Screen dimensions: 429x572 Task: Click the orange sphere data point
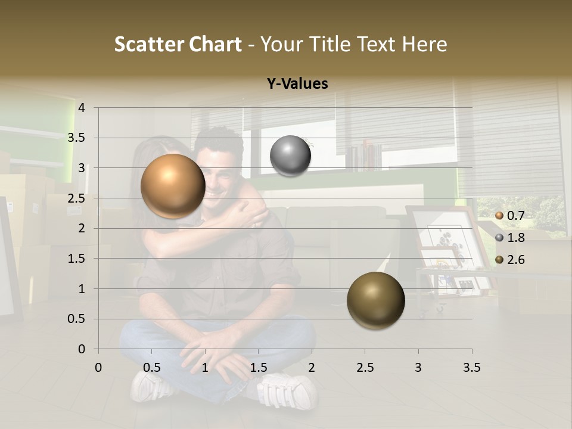pyautogui.click(x=173, y=186)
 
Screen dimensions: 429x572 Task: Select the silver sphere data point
pyautogui.click(x=290, y=156)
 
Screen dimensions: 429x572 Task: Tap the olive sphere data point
pyautogui.click(x=375, y=300)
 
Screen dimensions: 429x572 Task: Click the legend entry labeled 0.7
pyautogui.click(x=509, y=216)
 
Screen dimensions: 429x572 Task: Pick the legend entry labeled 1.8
pyautogui.click(x=509, y=238)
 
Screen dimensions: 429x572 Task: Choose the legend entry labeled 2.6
pyautogui.click(x=509, y=260)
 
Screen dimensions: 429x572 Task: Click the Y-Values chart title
pyautogui.click(x=297, y=84)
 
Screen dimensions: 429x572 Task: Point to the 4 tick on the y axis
pyautogui.click(x=82, y=108)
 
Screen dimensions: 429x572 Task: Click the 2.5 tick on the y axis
pyautogui.click(x=77, y=198)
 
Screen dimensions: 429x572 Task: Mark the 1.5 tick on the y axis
pyautogui.click(x=77, y=259)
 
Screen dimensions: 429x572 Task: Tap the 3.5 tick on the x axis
pyautogui.click(x=471, y=368)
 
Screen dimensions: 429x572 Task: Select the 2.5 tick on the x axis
pyautogui.click(x=365, y=368)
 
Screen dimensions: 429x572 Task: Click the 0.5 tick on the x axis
pyautogui.click(x=151, y=368)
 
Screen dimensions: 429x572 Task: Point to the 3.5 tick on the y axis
pyautogui.click(x=77, y=138)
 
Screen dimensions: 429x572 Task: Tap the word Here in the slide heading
pyautogui.click(x=424, y=44)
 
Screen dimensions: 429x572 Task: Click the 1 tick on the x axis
pyautogui.click(x=205, y=368)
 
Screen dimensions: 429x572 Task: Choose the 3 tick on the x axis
pyautogui.click(x=418, y=368)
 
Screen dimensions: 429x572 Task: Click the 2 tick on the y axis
pyautogui.click(x=82, y=229)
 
